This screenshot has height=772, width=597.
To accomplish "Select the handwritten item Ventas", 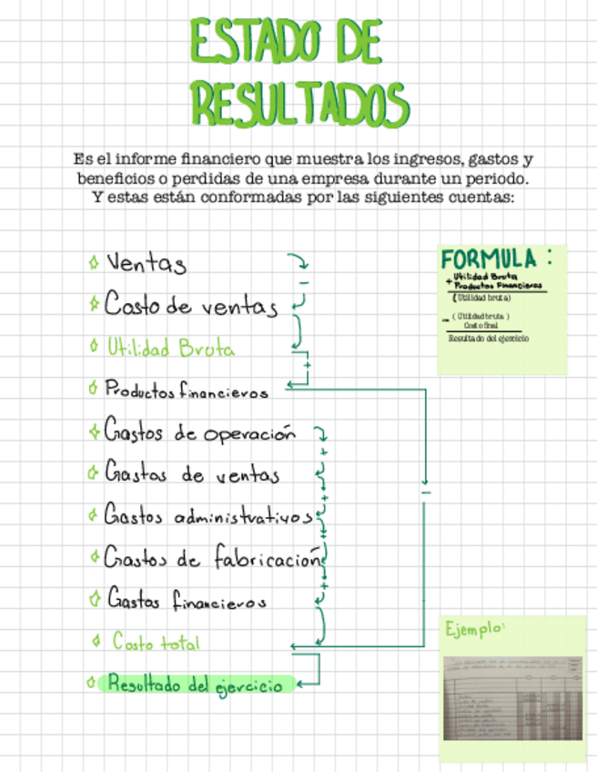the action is pos(146,264).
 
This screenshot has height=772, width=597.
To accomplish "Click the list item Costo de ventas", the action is pos(189,305).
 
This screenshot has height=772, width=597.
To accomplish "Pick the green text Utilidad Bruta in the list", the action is pos(169,348).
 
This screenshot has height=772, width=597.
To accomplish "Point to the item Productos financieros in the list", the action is pos(187,391).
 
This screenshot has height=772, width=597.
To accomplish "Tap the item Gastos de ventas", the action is pos(191,474).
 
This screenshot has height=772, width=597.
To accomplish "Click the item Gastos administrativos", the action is pos(207,516).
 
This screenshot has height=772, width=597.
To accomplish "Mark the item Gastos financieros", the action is pos(187,601).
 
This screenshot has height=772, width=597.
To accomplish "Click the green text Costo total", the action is pos(156,642).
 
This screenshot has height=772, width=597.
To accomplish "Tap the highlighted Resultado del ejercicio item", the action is pos(195,685).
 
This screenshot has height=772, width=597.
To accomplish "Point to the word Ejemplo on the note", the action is pos(475,628).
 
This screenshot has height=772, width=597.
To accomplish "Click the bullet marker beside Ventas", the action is pos(94,264).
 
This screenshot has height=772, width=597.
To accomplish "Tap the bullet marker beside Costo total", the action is pos(96,642).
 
